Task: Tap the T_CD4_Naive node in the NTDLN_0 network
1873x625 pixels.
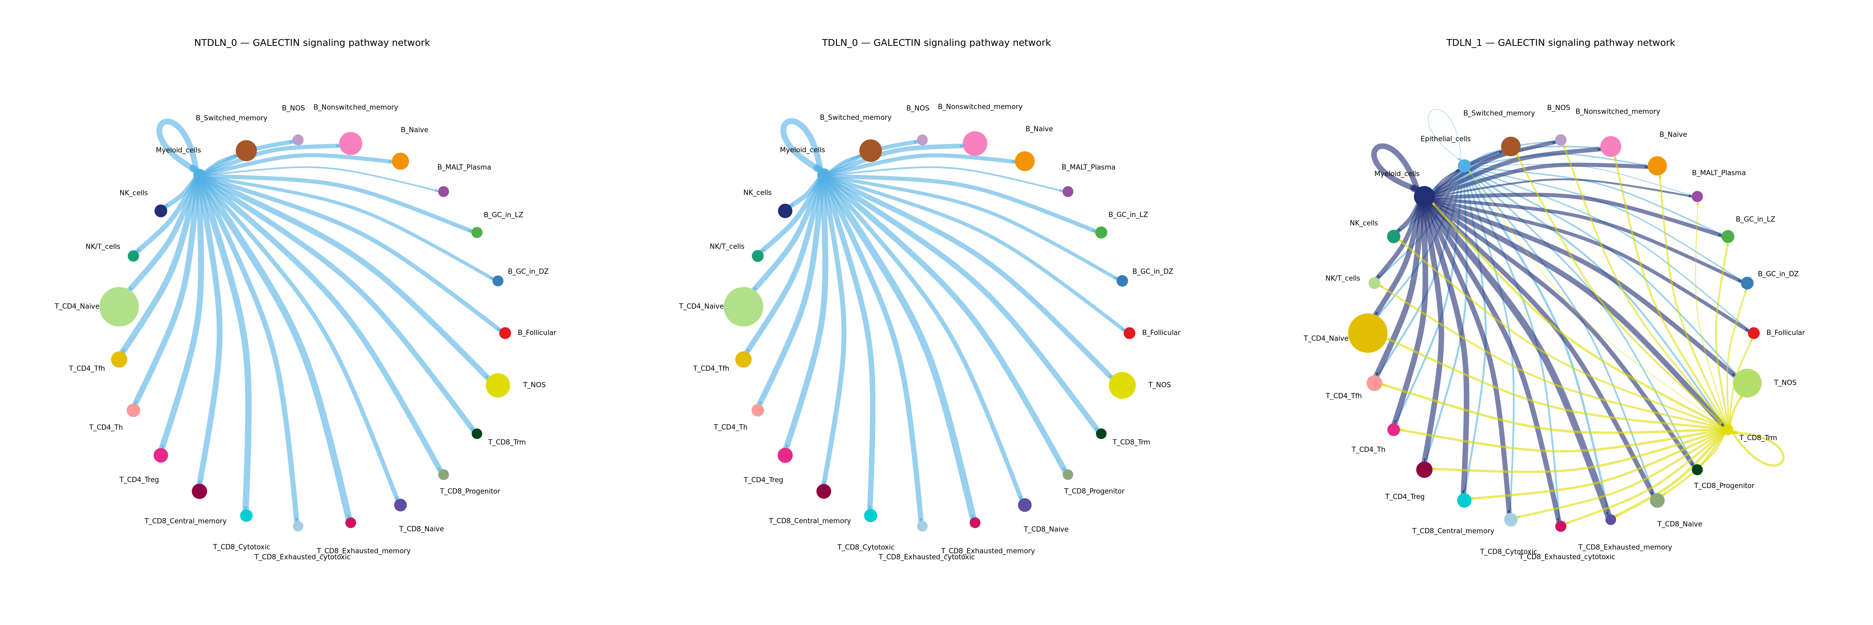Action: coord(119,306)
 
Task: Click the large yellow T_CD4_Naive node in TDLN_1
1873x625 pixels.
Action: coord(1367,333)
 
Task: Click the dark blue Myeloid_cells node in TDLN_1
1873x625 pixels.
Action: coord(1424,196)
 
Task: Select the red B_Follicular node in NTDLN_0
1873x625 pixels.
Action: coord(505,333)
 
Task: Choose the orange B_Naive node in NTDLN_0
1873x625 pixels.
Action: coord(400,161)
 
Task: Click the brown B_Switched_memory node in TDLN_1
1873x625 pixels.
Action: coord(1510,146)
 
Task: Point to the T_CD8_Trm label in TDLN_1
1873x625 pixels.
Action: coord(1757,438)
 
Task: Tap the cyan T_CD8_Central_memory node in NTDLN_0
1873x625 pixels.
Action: coord(246,515)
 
